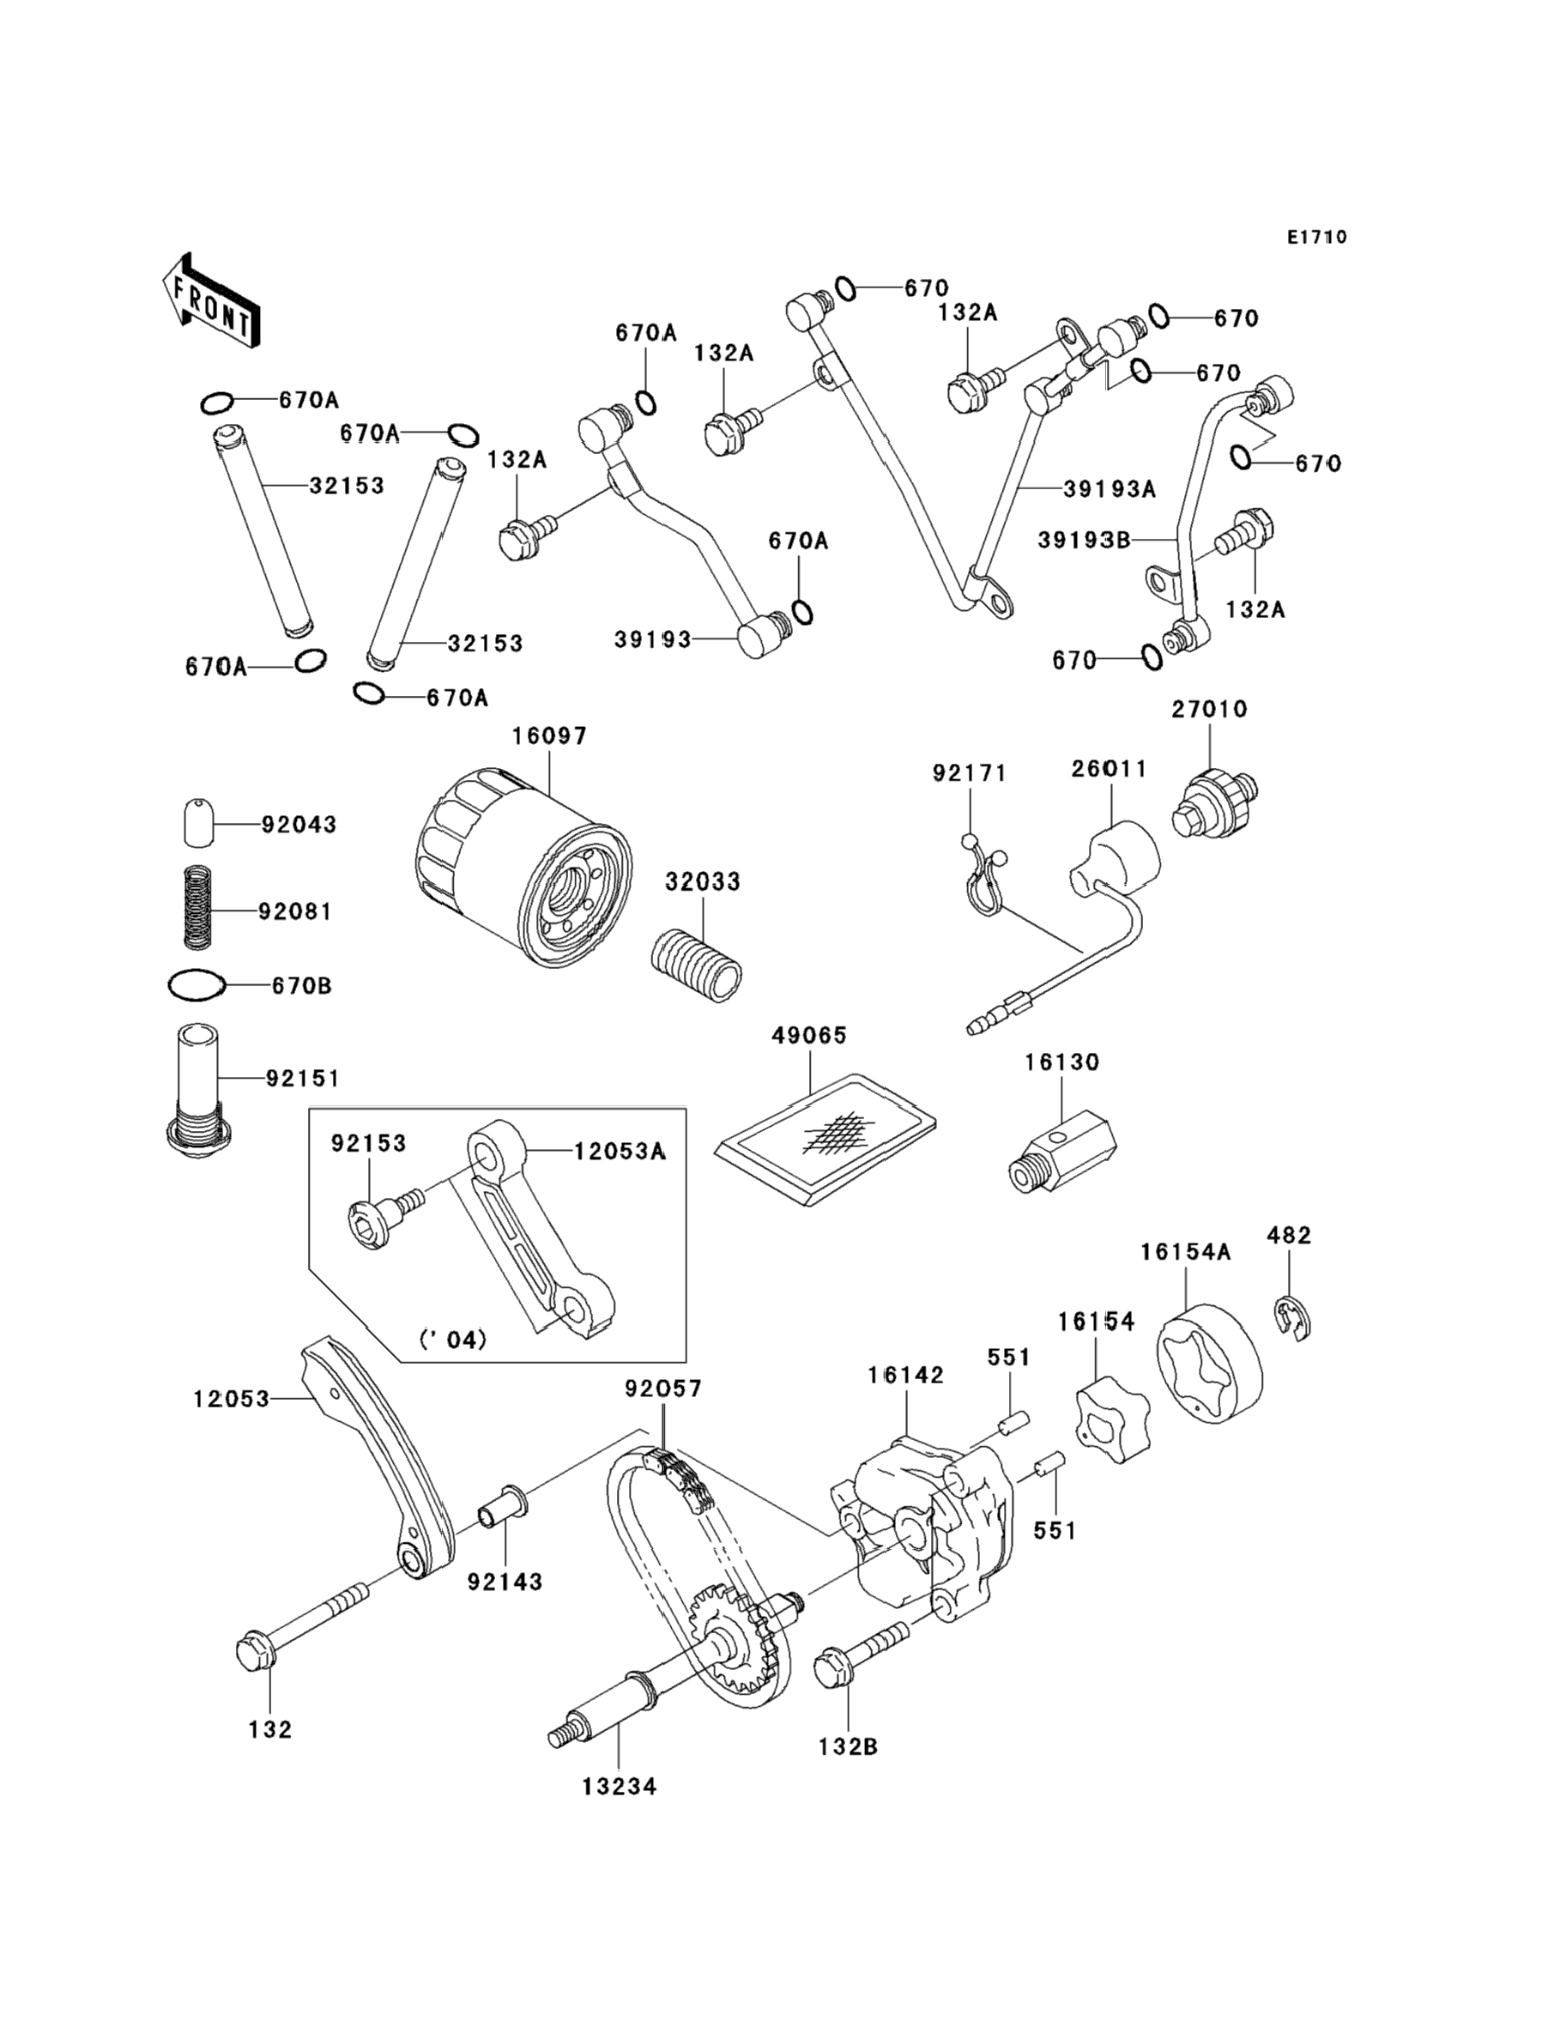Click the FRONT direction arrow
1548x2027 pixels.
pos(211,301)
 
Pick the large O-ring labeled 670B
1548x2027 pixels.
pos(197,985)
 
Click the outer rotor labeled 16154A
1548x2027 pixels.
pos(1209,1365)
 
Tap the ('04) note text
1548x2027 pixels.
pos(452,1339)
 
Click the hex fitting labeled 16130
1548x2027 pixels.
pos(1061,1151)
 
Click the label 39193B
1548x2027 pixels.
pos(1084,540)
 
